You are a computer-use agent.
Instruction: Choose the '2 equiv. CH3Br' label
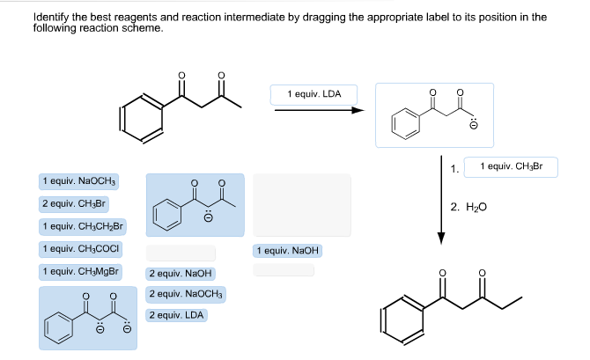point(73,203)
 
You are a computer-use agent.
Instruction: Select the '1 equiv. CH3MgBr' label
point(80,271)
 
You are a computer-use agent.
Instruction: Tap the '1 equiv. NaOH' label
point(288,251)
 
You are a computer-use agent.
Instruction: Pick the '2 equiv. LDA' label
point(177,314)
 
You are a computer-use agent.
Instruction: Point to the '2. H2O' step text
point(468,207)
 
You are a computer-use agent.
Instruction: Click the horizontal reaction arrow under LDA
point(318,111)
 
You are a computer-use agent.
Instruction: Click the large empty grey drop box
point(301,204)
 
